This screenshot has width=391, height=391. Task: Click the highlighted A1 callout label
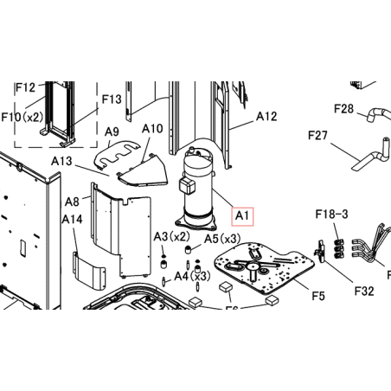[242, 216]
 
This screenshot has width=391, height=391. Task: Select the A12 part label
[266, 116]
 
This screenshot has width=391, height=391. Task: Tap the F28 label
[343, 109]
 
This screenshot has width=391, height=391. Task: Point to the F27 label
[317, 135]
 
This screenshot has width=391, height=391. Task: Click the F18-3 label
[332, 214]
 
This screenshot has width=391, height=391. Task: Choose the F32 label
[364, 291]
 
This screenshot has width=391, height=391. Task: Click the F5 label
[318, 296]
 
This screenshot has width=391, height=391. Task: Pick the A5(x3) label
[222, 239]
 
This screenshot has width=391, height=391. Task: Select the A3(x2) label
[172, 237]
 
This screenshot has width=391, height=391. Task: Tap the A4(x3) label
[192, 276]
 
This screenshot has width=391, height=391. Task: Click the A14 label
[72, 220]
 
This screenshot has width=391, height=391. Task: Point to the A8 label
[72, 202]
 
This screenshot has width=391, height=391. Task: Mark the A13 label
[61, 161]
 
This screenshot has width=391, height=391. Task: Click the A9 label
[112, 131]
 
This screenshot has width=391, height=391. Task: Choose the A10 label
[152, 128]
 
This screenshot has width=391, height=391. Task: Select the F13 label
[112, 99]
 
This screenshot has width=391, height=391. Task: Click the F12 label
[25, 87]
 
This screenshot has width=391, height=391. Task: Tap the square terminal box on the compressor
[186, 185]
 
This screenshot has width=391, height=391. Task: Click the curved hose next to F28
[379, 114]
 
